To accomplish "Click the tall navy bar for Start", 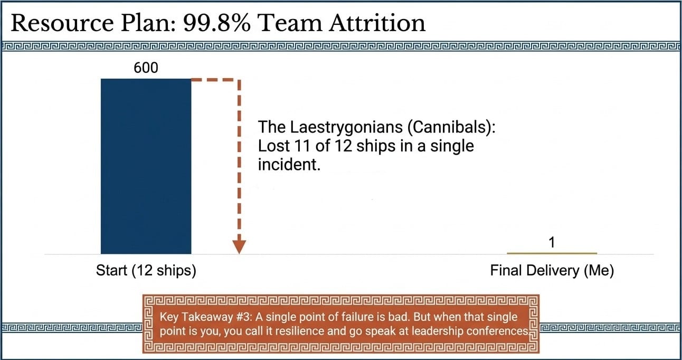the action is [146, 166].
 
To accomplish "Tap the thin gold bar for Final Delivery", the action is [552, 253].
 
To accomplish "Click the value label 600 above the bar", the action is [146, 68].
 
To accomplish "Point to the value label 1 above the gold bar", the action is [552, 243].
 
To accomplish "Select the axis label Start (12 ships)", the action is [146, 270].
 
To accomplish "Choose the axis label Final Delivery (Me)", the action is [552, 270].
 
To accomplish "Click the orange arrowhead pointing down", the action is [239, 247].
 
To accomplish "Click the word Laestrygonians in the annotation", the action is [346, 127].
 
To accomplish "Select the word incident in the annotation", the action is [289, 165].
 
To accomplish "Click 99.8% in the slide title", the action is [217, 23].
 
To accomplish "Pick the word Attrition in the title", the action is [377, 23].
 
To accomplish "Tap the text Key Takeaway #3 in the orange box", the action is [206, 317].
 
